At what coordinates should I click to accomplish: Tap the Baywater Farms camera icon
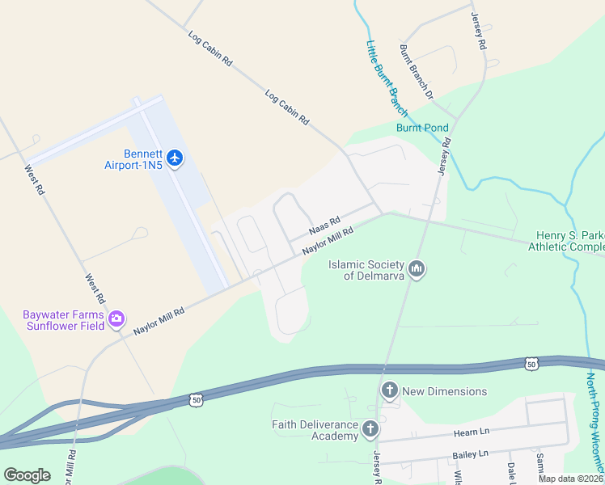[x=116, y=318]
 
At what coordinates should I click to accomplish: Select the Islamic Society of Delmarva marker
[x=417, y=268]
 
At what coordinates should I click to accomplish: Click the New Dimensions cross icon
[x=389, y=391]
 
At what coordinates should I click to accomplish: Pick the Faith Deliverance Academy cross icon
[x=370, y=428]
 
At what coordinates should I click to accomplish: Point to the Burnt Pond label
[x=421, y=128]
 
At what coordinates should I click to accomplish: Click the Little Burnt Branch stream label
[x=387, y=78]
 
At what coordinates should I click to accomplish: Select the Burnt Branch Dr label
[x=417, y=72]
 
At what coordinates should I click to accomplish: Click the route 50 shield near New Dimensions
[x=195, y=399]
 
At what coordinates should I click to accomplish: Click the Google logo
[x=27, y=475]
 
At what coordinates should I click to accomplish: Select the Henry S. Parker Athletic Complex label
[x=569, y=241]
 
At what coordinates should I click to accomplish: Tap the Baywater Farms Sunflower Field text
[x=63, y=320]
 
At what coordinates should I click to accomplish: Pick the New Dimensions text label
[x=445, y=391]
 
